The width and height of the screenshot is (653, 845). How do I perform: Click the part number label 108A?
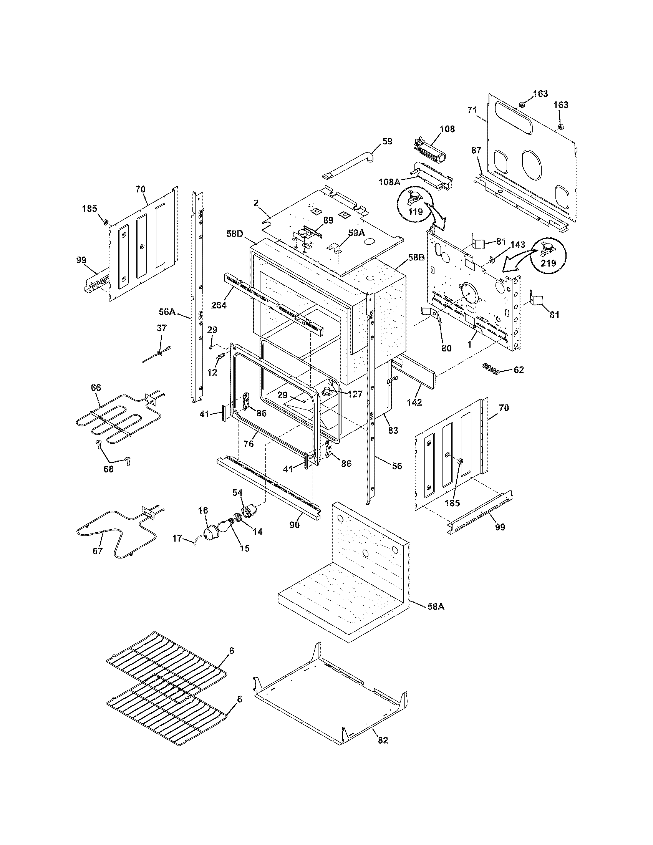pyautogui.click(x=389, y=181)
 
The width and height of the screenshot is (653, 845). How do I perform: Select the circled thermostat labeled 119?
pyautogui.click(x=413, y=204)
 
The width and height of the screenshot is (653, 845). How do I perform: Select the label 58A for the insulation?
pyautogui.click(x=436, y=606)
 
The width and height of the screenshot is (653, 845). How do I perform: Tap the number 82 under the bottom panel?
pyautogui.click(x=382, y=740)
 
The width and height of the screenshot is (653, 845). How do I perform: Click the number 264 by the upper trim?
pyautogui.click(x=219, y=305)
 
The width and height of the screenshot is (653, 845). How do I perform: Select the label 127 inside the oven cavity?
pyautogui.click(x=355, y=394)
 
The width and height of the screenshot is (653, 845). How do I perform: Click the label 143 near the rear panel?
pyautogui.click(x=518, y=245)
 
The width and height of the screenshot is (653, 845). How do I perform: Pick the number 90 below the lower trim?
pyautogui.click(x=295, y=525)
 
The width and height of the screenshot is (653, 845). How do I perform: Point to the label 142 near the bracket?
pyautogui.click(x=414, y=402)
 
